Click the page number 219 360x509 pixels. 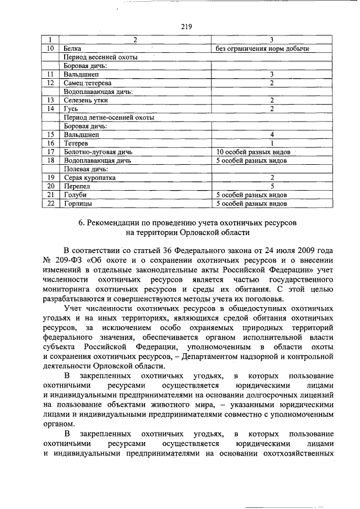187,26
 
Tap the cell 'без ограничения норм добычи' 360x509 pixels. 263,49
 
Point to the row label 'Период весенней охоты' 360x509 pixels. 101,57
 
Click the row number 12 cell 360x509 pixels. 51,83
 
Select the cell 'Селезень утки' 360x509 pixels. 86,100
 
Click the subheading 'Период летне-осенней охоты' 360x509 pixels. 109,117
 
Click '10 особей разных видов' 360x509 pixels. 253,152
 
